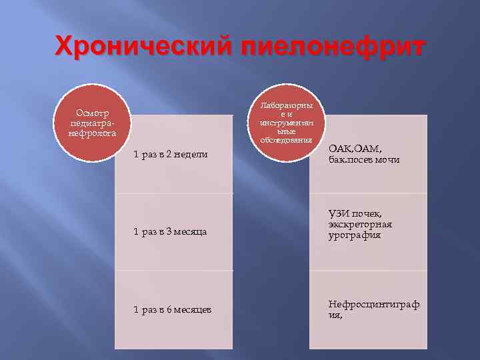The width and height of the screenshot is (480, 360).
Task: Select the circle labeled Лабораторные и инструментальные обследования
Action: point(286,122)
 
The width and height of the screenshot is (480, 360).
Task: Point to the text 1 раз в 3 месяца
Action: point(170,232)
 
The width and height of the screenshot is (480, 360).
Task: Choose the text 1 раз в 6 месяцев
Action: point(173,309)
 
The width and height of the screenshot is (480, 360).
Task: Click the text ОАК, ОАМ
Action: point(355,149)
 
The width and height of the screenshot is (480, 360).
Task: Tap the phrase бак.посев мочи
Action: point(364,160)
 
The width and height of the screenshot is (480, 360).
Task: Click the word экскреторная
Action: point(360,224)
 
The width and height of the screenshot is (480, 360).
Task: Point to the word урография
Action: point(355,235)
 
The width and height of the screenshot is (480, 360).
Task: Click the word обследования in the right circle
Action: point(286,140)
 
